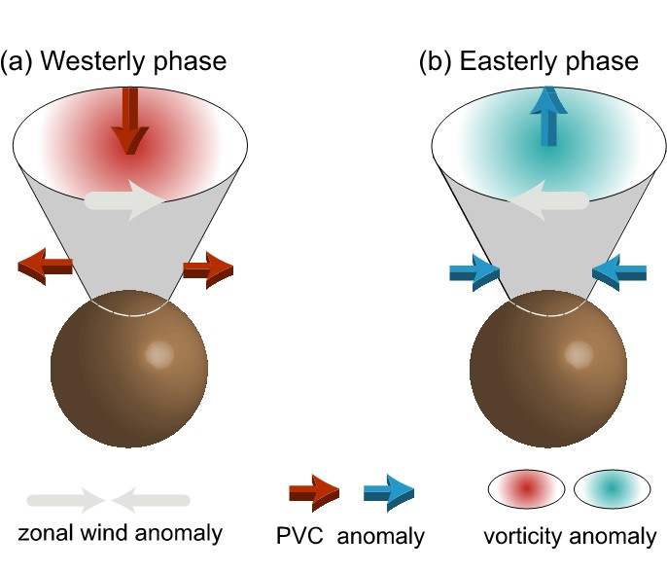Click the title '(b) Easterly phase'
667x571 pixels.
(529, 62)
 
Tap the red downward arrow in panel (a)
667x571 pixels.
(126, 122)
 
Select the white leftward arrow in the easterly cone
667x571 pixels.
(547, 200)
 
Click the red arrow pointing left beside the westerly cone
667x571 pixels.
(46, 265)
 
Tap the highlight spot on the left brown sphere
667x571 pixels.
(158, 354)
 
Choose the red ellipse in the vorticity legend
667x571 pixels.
(526, 487)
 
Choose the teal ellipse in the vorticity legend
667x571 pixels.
(613, 487)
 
